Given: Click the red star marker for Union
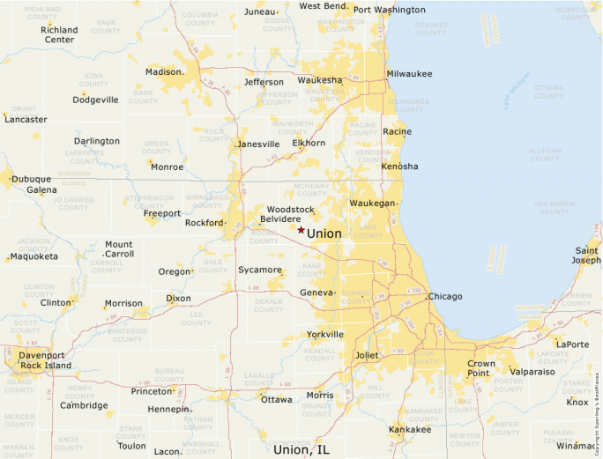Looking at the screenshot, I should tap(301, 230).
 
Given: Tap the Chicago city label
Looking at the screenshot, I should tap(445, 297).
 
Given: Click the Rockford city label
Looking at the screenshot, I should tap(204, 223).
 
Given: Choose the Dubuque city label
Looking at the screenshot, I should tap(32, 179).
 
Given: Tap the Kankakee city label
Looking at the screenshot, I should tap(410, 430).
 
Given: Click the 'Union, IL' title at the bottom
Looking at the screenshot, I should tap(301, 449).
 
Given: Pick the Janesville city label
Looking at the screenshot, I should tap(259, 144).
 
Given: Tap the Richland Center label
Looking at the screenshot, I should tap(59, 34).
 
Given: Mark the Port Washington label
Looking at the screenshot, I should tap(389, 11).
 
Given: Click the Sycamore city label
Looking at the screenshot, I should tap(260, 270).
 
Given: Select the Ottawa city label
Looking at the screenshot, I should tap(276, 400).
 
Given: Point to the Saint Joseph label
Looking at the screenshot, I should tap(586, 255).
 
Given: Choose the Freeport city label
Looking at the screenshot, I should tap(162, 213).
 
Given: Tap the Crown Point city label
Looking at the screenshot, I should tap(481, 368).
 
